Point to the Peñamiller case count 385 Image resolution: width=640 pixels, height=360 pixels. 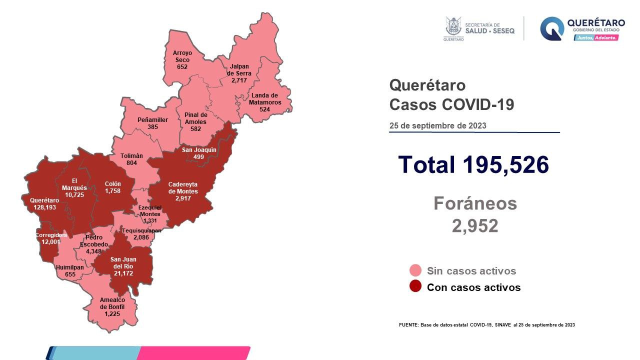152,127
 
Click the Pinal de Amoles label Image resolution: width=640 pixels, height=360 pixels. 195,118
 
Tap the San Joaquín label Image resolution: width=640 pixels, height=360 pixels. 199,150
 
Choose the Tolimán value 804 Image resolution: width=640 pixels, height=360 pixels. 131,163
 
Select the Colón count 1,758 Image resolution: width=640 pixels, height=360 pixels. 112,191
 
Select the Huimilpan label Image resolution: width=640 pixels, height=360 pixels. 70,267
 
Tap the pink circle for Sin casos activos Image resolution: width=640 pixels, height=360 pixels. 415,271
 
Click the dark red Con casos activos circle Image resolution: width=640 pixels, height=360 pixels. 415,287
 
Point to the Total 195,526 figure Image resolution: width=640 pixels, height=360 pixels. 473,164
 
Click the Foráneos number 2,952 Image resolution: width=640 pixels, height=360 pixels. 474,226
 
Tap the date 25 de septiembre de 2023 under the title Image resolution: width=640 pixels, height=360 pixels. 437,125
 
